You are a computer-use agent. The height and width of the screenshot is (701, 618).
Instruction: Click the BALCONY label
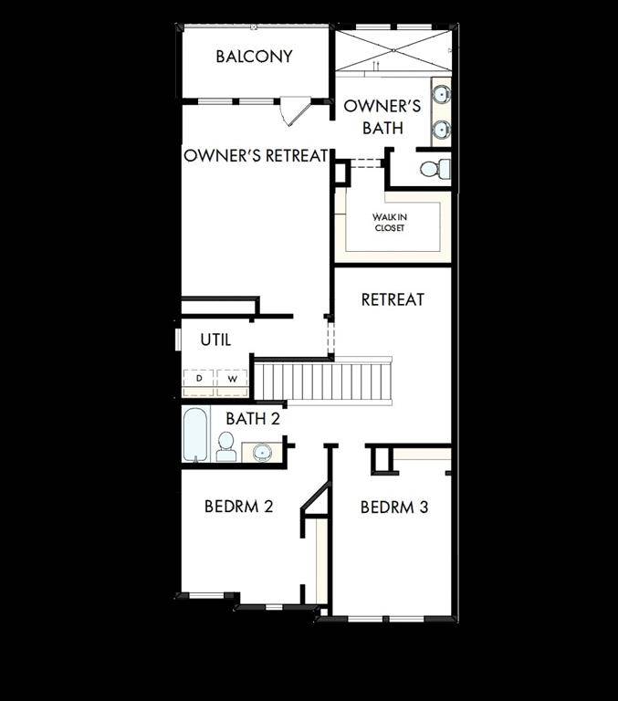(254, 57)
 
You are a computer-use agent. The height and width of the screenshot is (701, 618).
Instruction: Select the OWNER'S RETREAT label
(256, 156)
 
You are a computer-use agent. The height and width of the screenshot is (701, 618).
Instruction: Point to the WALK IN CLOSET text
(389, 222)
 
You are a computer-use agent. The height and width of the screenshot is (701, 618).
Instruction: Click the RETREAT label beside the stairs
(393, 299)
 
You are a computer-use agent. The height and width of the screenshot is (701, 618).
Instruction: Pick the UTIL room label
(215, 340)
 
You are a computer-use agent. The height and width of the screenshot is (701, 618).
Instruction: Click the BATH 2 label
(252, 419)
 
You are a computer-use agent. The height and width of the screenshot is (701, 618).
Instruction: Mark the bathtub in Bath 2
(195, 436)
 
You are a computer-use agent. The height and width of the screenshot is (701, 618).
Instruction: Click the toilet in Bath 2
(225, 446)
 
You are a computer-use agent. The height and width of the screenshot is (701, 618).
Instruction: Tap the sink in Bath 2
(262, 451)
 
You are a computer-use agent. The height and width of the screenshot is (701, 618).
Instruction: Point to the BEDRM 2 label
(238, 506)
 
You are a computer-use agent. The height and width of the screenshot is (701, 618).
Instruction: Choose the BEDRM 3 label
(393, 507)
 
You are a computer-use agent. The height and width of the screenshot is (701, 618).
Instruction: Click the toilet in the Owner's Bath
(435, 168)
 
